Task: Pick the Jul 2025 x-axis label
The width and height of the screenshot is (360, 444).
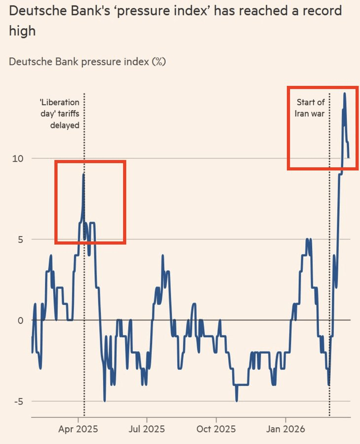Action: pyautogui.click(x=146, y=429)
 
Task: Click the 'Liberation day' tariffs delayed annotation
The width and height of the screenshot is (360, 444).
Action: pyautogui.click(x=60, y=113)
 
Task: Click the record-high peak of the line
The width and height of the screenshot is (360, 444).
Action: pyautogui.click(x=344, y=93)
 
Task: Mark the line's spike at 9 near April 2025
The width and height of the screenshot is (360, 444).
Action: pyautogui.click(x=84, y=174)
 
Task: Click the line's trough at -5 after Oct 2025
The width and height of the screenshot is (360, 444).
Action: pyautogui.click(x=237, y=401)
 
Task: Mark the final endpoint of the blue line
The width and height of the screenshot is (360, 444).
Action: pyautogui.click(x=348, y=157)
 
